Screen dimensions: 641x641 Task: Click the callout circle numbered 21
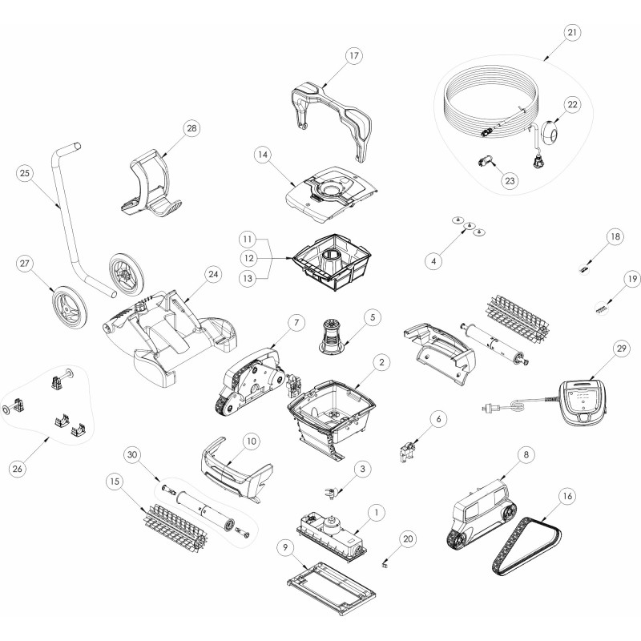click(571, 32)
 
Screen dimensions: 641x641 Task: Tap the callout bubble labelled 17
click(353, 55)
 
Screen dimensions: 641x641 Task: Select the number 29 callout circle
click(622, 349)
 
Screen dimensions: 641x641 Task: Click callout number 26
click(17, 469)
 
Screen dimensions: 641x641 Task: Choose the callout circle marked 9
click(285, 546)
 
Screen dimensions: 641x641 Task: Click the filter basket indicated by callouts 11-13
click(332, 262)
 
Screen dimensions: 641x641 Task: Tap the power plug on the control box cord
click(489, 407)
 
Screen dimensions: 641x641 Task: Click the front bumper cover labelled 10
click(235, 469)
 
